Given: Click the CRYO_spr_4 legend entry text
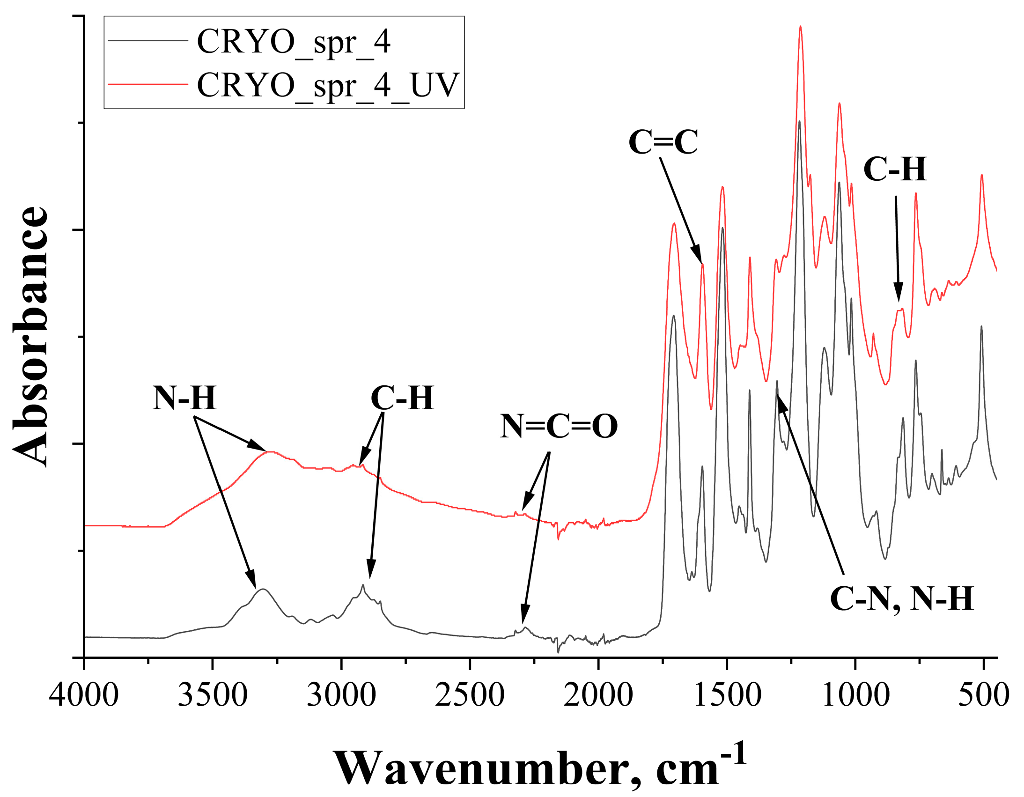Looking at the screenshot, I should coord(294,42).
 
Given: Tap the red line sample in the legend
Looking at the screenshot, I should coord(148,84).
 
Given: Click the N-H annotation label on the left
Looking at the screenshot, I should coord(184,398).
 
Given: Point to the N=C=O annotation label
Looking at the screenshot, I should coord(559,427).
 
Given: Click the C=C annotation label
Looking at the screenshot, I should coord(663,142).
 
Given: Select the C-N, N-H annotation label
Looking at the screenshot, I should coord(902,599).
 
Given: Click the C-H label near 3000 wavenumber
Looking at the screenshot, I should coord(402,398).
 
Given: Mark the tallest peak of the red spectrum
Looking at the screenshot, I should coord(800,27).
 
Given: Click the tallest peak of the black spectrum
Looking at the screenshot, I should coord(799,121).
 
